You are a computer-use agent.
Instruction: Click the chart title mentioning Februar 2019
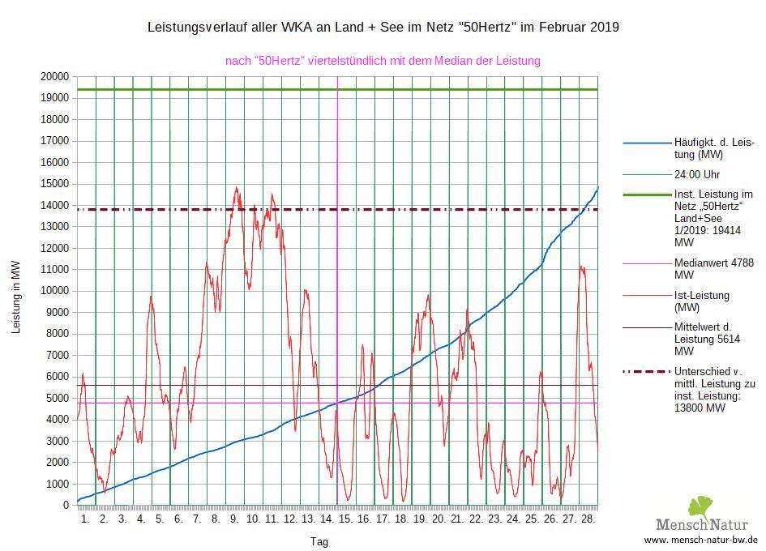(x=383, y=28)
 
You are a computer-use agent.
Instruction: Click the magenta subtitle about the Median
(x=383, y=61)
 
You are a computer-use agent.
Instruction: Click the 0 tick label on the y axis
(x=66, y=505)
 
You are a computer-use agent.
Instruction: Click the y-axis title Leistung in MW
(x=15, y=297)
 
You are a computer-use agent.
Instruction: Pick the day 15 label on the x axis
(x=345, y=519)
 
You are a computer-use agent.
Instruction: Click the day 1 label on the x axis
(x=85, y=519)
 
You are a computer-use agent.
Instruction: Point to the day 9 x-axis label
(x=233, y=519)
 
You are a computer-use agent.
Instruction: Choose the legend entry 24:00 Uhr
(x=697, y=174)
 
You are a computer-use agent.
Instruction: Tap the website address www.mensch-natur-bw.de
(x=700, y=540)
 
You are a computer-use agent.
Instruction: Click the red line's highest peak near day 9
(x=237, y=187)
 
